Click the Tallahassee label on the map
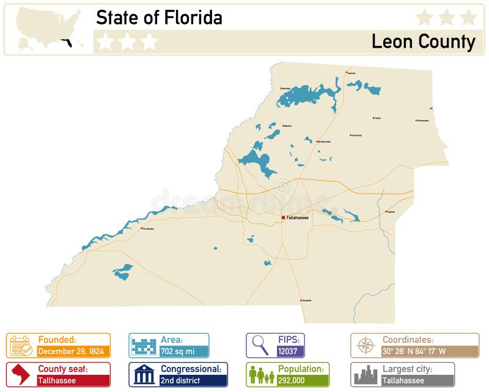[298, 217]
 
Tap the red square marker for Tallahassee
[283, 217]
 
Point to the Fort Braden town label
[147, 228]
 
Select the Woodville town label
[306, 300]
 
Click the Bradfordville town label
[324, 141]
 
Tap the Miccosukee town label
[422, 120]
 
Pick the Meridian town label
[285, 89]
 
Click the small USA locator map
[49, 29]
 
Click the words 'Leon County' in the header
[423, 42]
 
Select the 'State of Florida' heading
[159, 18]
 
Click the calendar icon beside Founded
[21, 345]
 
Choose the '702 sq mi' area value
[177, 352]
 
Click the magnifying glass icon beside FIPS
[260, 345]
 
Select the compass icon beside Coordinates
[366, 345]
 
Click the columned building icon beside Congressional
[144, 374]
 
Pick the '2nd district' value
[181, 380]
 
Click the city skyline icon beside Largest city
[366, 374]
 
